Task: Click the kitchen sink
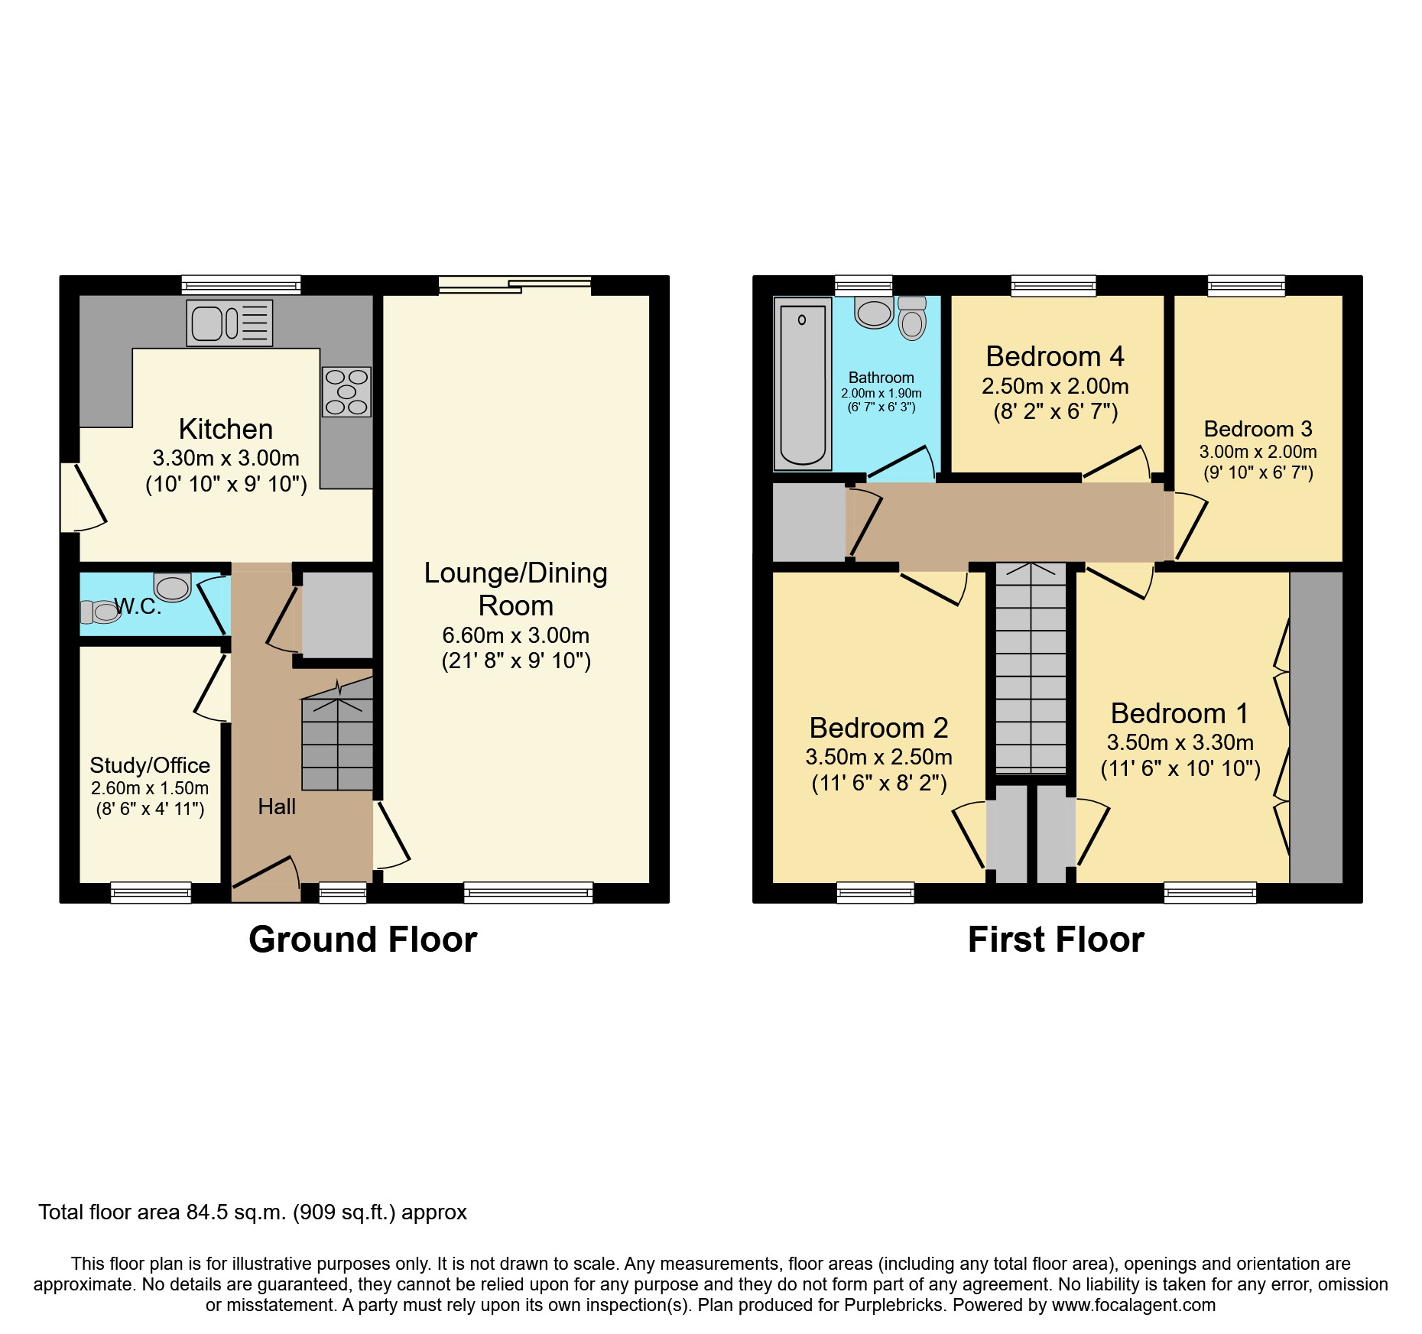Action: tap(229, 323)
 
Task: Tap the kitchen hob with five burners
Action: tap(346, 391)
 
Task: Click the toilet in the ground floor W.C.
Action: tap(102, 612)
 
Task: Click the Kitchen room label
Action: tap(226, 429)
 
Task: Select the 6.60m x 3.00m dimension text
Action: tap(516, 635)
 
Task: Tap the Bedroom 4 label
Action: tap(1055, 356)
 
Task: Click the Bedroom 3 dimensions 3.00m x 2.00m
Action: tap(1258, 452)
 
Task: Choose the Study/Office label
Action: tap(150, 765)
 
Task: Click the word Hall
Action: tap(277, 807)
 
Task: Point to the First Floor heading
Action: tap(1056, 940)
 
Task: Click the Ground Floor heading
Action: tap(362, 940)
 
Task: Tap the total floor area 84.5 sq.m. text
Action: tap(252, 1212)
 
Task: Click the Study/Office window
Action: tap(151, 892)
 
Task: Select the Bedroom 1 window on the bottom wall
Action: tap(1209, 892)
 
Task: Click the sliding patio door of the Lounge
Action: tap(515, 285)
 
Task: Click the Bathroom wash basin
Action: tap(874, 313)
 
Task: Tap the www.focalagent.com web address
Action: tap(1133, 1305)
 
